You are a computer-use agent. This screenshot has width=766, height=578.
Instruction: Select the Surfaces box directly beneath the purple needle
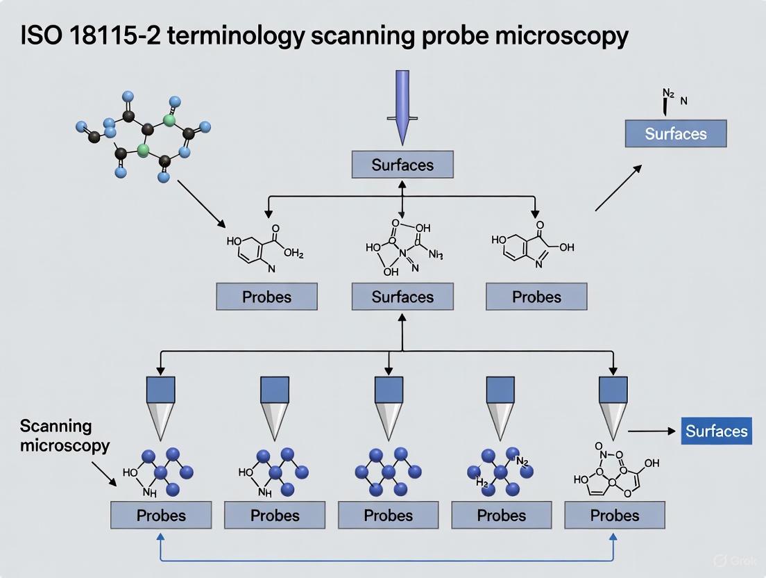[x=402, y=165]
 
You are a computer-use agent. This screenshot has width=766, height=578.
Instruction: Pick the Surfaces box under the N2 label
[x=675, y=133]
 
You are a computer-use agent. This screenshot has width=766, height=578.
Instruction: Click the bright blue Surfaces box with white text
[x=717, y=431]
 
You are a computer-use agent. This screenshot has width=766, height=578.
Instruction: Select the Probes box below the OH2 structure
[x=266, y=297]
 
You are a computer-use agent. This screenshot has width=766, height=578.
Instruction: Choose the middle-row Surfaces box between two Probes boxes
[x=402, y=297]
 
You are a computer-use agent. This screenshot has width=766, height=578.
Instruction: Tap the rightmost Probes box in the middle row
[x=536, y=297]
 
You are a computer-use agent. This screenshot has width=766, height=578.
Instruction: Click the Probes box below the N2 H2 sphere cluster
[x=502, y=515]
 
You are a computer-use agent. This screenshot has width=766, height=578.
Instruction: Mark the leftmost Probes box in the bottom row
[x=161, y=515]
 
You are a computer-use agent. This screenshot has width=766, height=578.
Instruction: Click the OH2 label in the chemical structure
[x=293, y=253]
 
